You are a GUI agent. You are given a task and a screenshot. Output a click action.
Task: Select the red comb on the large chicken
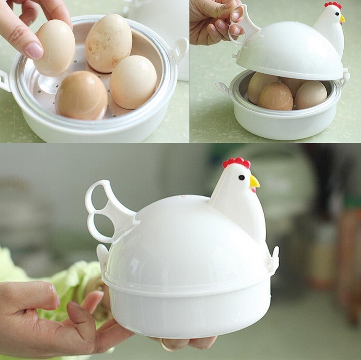click(237, 162)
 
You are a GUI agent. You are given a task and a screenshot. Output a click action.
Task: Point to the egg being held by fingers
click(54, 48)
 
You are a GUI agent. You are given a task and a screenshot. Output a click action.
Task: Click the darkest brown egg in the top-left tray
click(81, 95)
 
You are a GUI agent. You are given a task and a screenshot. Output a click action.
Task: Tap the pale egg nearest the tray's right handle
click(133, 82)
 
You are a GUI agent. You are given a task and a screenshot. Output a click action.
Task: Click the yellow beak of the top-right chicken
click(342, 19)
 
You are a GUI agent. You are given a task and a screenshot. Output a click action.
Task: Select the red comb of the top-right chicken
click(333, 5)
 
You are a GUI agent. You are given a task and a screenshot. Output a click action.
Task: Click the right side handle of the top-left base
click(180, 47)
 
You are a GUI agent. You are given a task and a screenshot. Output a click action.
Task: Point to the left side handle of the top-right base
click(222, 87)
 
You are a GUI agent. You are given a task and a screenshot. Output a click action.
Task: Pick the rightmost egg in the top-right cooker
click(311, 94)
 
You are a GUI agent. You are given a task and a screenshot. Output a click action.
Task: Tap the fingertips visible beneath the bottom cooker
click(190, 342)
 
